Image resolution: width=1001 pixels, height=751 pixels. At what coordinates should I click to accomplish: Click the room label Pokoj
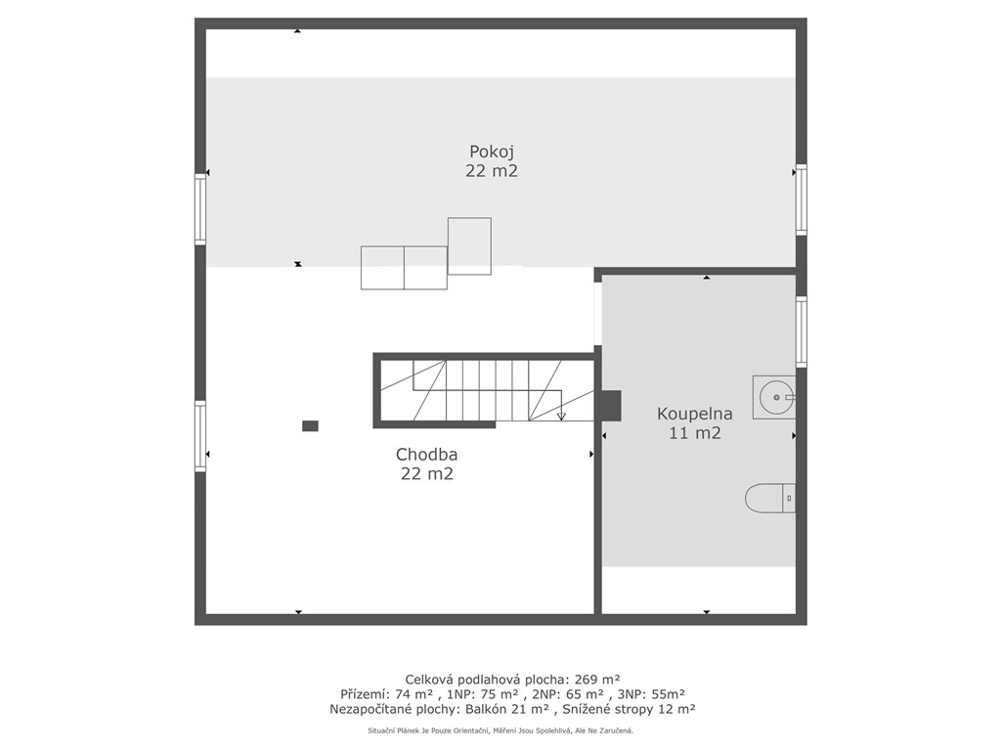(x=492, y=153)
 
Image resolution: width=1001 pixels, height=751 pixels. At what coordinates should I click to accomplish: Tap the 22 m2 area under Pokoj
(x=492, y=171)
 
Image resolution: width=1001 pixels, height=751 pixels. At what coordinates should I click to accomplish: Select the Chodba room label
(x=426, y=455)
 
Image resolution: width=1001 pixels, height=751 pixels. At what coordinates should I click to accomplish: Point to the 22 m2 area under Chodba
(x=427, y=474)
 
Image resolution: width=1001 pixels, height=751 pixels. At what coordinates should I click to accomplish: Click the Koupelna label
(x=695, y=414)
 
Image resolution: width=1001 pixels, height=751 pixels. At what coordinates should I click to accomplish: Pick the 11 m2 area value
(x=695, y=433)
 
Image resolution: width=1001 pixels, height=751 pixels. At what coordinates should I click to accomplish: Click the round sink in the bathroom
(x=774, y=397)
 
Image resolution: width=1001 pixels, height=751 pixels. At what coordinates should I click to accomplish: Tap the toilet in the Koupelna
(x=770, y=498)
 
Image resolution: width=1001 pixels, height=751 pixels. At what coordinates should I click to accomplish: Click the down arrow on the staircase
(x=561, y=415)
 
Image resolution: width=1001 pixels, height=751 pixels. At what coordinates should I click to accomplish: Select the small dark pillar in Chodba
(x=310, y=426)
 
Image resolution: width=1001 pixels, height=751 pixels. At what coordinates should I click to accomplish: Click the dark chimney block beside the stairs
(x=611, y=406)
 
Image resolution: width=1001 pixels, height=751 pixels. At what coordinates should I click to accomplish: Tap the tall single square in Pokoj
(x=469, y=245)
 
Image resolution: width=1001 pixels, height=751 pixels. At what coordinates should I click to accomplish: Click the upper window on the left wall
(x=200, y=209)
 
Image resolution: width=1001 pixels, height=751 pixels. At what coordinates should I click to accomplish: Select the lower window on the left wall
(x=200, y=436)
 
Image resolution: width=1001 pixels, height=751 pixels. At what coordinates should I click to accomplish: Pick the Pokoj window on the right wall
(x=802, y=199)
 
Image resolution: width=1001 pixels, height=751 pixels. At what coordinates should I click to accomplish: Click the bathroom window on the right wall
(x=802, y=331)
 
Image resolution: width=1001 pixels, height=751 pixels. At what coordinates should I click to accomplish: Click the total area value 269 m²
(x=598, y=679)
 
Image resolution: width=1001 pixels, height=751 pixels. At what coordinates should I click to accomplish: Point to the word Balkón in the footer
(x=487, y=709)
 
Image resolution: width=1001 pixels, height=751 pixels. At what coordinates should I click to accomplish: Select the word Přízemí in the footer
(x=362, y=694)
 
